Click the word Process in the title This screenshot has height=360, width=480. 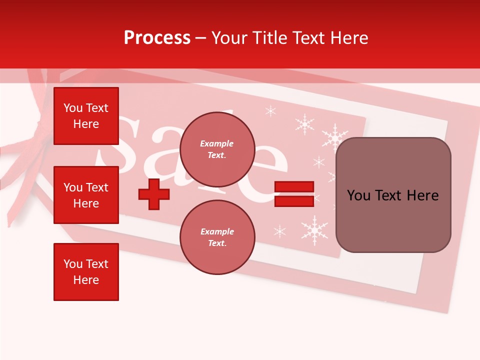coord(157,38)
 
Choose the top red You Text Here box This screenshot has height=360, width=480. coord(86,116)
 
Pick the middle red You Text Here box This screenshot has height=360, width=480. coord(86,195)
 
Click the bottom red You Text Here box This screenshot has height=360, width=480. coord(86,271)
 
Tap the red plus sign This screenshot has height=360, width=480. coord(154,194)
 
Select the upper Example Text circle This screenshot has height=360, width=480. coord(217,149)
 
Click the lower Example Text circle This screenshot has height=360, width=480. coord(217,237)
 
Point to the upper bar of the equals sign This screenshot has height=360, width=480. coord(294,187)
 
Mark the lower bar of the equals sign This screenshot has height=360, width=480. coord(294,201)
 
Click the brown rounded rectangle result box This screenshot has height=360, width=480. coord(393,194)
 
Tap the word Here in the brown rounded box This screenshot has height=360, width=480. coord(422,195)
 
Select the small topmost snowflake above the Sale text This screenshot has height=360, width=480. coord(270,111)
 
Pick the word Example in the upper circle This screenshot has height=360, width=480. coord(217,143)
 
